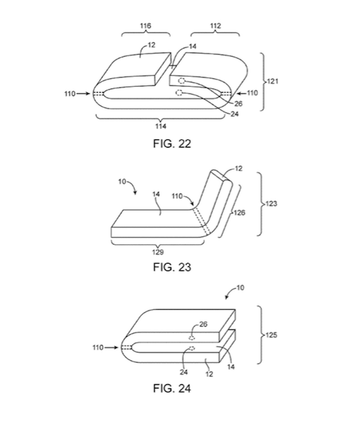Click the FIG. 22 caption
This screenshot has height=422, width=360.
click(x=172, y=144)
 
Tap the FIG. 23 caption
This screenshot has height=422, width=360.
click(x=172, y=267)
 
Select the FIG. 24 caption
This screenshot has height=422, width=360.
click(x=172, y=388)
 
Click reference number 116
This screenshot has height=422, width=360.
click(x=146, y=26)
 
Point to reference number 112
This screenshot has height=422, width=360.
click(x=215, y=26)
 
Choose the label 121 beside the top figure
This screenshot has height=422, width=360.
click(x=273, y=81)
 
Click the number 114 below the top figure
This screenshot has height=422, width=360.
click(x=160, y=126)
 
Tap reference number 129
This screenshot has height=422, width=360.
click(x=158, y=252)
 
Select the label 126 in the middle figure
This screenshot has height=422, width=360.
click(x=239, y=213)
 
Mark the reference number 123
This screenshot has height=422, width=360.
click(x=271, y=204)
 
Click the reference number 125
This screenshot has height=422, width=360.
click(x=271, y=335)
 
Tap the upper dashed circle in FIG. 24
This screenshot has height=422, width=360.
click(x=191, y=338)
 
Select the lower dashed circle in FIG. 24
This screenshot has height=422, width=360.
click(x=191, y=348)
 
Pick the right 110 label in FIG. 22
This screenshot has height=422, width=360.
click(x=252, y=93)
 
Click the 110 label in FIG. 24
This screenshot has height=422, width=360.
click(x=98, y=348)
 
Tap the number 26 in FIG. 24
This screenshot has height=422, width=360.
click(x=203, y=324)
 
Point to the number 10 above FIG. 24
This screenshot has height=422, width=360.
click(x=240, y=288)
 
